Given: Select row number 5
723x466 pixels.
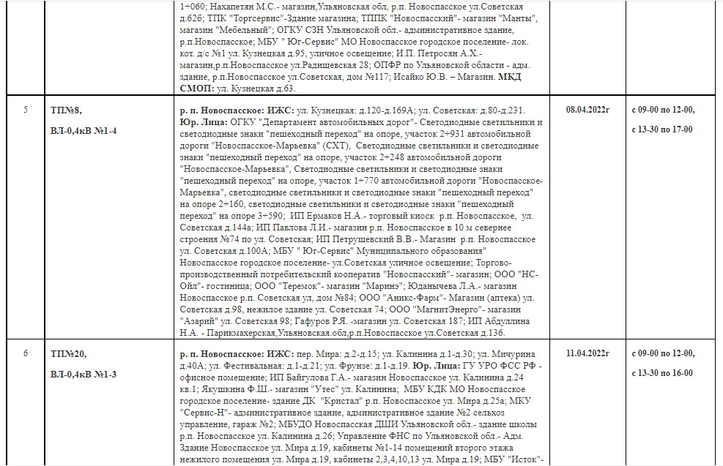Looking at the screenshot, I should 26,110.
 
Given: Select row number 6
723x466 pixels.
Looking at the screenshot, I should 26,353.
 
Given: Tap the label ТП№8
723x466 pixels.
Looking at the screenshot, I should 66,110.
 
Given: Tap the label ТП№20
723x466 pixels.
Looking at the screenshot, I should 68,354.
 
